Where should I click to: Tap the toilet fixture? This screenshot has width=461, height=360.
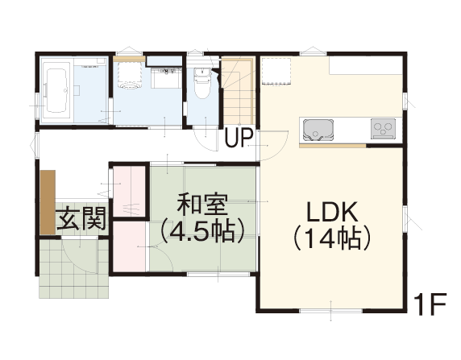click(x=202, y=84)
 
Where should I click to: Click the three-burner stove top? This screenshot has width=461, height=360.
click(x=383, y=128)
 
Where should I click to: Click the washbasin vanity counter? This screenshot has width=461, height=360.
click(x=166, y=77)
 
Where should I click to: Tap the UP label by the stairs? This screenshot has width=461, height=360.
click(x=239, y=137)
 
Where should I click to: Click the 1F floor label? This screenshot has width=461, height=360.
click(x=430, y=304)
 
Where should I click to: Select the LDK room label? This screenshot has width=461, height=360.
click(x=332, y=212)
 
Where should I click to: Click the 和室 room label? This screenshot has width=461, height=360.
click(x=202, y=204)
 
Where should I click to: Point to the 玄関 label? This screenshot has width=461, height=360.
click(x=81, y=218)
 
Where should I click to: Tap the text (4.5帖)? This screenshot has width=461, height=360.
click(x=202, y=230)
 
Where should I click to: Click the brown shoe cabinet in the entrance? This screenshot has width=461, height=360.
click(x=48, y=202)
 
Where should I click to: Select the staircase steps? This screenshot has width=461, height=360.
click(x=238, y=92)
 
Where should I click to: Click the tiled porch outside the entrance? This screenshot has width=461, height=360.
click(x=74, y=268)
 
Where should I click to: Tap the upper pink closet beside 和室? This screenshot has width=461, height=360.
click(x=130, y=192)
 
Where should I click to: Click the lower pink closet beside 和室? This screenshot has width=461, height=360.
click(x=130, y=247)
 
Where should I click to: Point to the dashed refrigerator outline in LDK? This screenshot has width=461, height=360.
click(x=276, y=72)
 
